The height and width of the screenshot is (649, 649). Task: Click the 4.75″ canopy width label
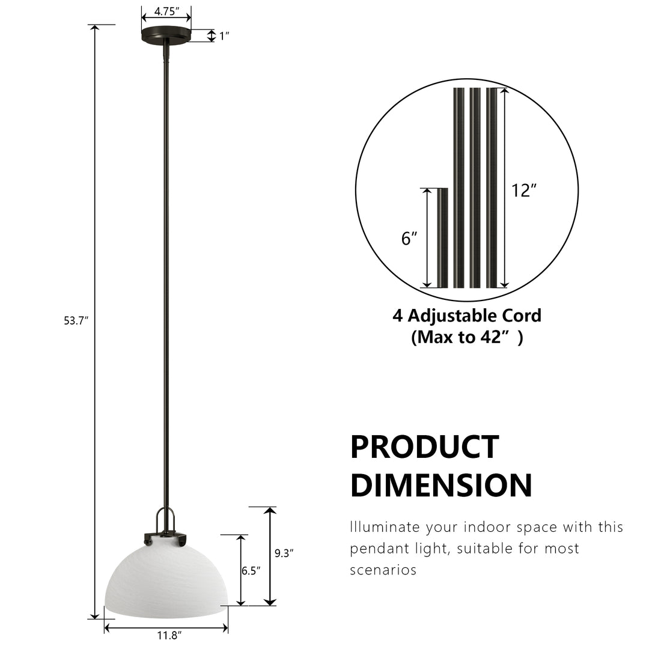click(166, 11)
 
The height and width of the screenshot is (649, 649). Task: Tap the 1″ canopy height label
click(224, 37)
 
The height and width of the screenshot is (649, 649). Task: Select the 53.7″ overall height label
click(76, 320)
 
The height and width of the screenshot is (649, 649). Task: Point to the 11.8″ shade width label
click(169, 635)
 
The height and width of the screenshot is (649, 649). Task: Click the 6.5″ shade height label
click(251, 571)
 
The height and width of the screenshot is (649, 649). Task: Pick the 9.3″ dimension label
click(284, 553)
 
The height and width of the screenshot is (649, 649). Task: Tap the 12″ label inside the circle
click(524, 190)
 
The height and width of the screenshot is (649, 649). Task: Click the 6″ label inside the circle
click(409, 239)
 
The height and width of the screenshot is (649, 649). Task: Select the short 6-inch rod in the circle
click(442, 238)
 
